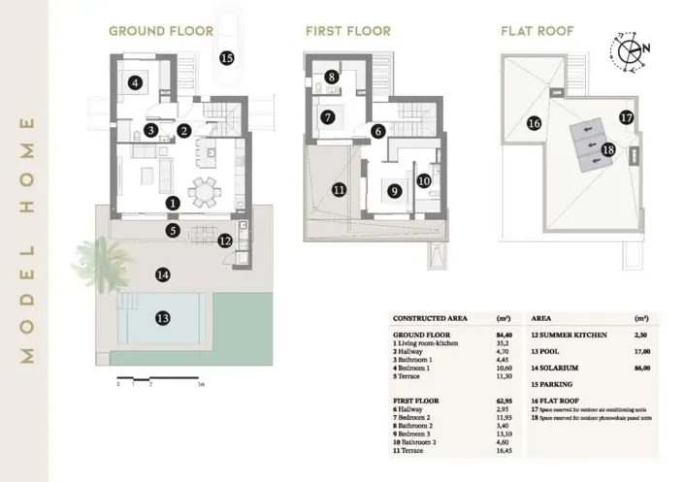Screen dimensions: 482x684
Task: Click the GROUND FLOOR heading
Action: tap(161, 31)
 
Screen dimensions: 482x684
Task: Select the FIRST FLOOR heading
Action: tap(348, 31)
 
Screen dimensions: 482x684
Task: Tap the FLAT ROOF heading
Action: tap(537, 31)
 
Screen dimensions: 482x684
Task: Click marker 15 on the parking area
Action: tap(226, 58)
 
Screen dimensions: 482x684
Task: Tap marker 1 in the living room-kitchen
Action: tap(172, 204)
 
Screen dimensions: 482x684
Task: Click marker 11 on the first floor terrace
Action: tap(339, 190)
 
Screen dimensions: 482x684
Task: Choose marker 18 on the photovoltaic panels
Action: tap(607, 149)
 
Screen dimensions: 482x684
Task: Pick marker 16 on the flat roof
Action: tap(533, 123)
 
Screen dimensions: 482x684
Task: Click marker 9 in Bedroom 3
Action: tap(394, 192)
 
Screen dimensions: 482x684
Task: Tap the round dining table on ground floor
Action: tap(204, 191)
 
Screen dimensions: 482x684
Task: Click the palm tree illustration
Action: tap(102, 260)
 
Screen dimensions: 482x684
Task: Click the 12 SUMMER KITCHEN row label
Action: tap(570, 334)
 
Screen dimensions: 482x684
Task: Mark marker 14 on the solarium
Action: tap(163, 275)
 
